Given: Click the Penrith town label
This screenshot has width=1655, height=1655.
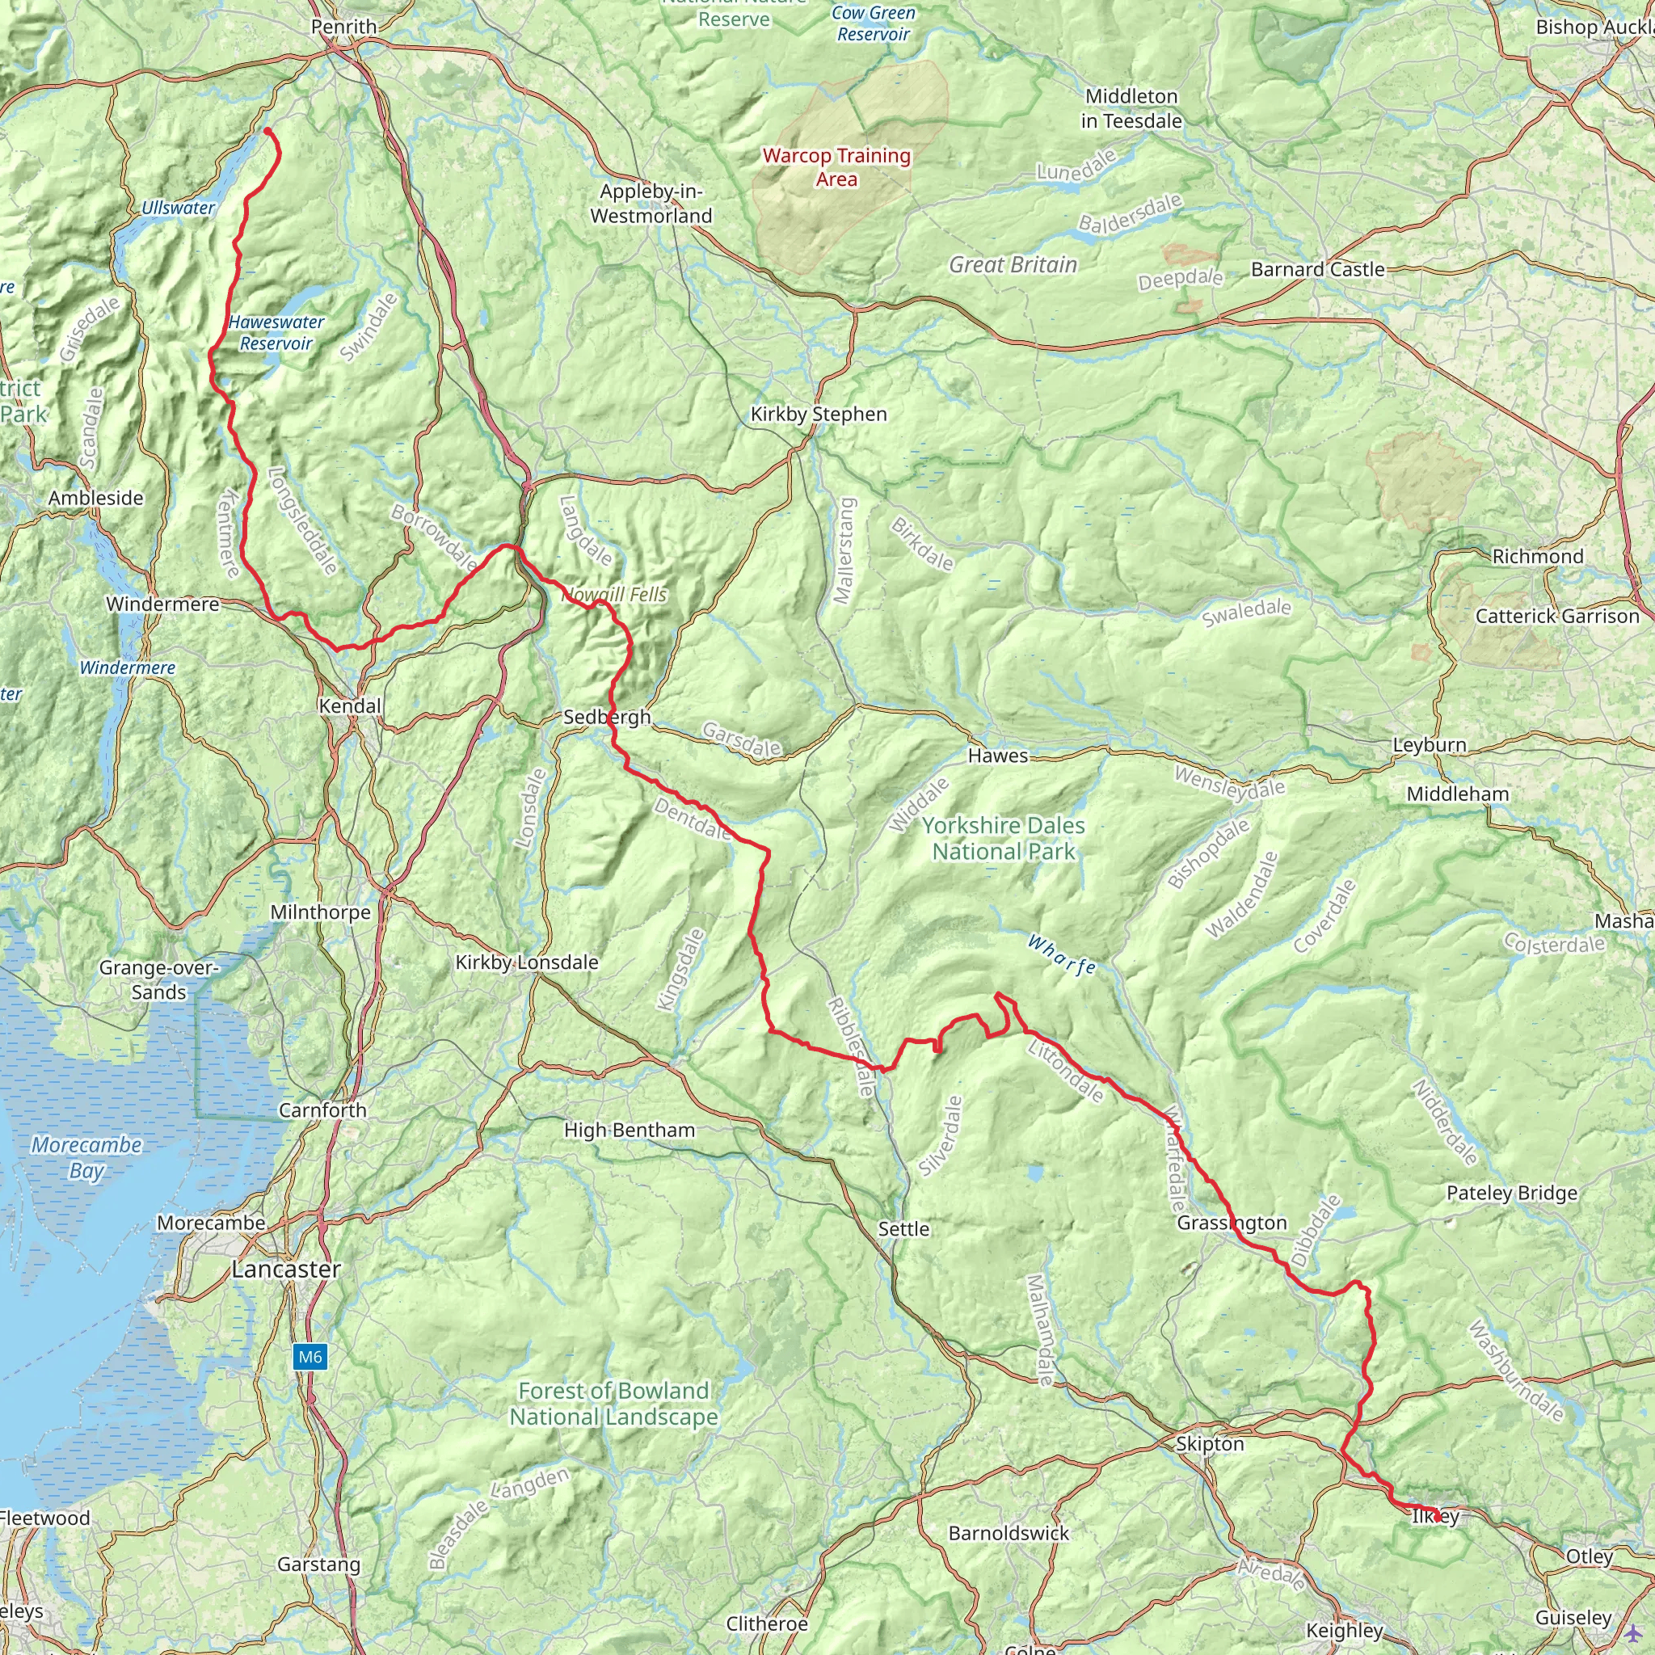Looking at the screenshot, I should tap(343, 27).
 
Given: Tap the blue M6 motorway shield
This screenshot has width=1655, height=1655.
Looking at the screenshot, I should tap(310, 1356).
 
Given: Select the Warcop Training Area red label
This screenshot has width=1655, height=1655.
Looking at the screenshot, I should tap(836, 167).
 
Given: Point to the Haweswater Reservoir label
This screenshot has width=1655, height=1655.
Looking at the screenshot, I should tap(276, 332).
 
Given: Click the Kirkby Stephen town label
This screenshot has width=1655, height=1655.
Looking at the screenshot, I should tap(818, 414).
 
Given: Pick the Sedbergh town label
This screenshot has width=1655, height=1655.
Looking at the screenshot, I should tap(607, 717).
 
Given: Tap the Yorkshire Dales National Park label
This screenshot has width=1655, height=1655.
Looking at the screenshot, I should tap(1002, 839).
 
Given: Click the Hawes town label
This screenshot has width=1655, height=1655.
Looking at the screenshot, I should tap(997, 756).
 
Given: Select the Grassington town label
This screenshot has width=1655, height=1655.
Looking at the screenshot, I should tap(1231, 1223).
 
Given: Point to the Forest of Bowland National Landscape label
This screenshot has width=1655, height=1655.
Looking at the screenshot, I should tap(613, 1403).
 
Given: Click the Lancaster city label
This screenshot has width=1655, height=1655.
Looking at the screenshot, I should tap(286, 1269).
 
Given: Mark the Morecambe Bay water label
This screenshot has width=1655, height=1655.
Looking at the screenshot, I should tap(86, 1157).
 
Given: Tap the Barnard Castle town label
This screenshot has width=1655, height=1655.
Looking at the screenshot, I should tap(1317, 269).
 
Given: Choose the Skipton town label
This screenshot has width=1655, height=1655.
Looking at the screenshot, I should tap(1209, 1443).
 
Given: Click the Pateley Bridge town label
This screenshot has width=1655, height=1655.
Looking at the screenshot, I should tap(1511, 1193).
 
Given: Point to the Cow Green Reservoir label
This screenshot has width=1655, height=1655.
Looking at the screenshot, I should tap(874, 23).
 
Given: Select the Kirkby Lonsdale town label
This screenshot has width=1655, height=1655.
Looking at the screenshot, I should tap(526, 962).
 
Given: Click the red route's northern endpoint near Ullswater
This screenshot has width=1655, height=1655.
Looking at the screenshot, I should tap(267, 131).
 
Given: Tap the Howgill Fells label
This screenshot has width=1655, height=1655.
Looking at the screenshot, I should tap(614, 595).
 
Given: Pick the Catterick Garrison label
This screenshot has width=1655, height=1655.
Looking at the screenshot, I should tap(1556, 616).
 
